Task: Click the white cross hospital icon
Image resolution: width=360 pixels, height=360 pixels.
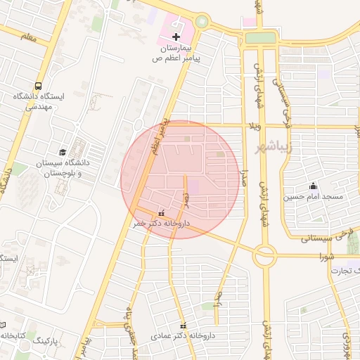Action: [x=176, y=37]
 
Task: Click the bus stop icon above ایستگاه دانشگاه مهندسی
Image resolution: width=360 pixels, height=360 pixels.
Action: [x=37, y=83]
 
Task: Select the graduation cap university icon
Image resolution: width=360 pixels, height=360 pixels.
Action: [x=63, y=152]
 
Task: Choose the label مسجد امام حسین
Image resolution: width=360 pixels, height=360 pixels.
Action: [x=314, y=197]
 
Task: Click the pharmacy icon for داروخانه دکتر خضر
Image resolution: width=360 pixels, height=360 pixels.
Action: [x=162, y=212]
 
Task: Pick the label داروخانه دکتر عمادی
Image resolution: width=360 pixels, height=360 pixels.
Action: [x=183, y=337]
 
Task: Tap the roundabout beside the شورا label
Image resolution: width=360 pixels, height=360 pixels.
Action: [x=264, y=256]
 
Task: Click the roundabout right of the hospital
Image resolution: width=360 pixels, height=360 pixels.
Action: [x=202, y=22]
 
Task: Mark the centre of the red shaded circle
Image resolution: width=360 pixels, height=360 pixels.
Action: [x=180, y=180]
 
